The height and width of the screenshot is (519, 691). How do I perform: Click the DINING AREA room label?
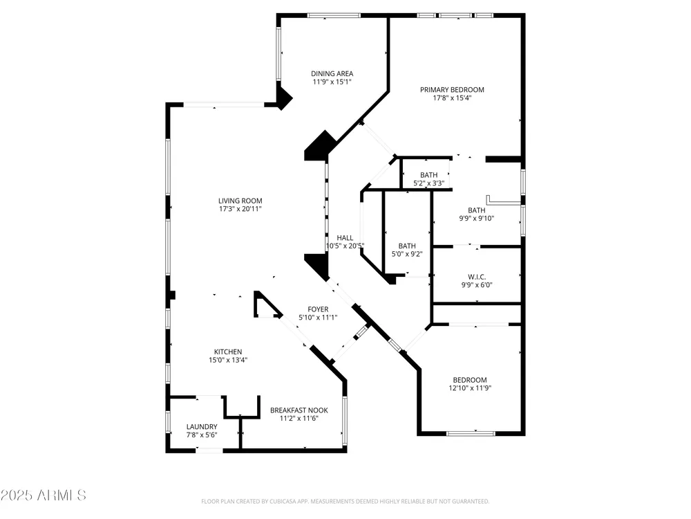(x=332, y=74)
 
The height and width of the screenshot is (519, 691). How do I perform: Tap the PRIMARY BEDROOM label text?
(x=452, y=89)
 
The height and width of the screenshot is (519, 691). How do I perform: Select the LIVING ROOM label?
(x=240, y=201)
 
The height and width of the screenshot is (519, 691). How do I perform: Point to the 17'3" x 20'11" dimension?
(x=240, y=209)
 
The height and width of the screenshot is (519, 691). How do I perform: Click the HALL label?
(x=345, y=238)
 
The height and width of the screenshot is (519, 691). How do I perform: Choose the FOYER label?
(x=318, y=309)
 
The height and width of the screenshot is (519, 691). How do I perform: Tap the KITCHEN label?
(x=228, y=352)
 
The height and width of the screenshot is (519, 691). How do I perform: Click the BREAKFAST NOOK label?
(x=299, y=410)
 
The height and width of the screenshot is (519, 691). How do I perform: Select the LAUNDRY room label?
(x=201, y=427)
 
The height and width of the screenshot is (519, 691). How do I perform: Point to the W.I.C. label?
(x=476, y=277)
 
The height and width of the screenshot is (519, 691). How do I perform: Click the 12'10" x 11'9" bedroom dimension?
(x=470, y=388)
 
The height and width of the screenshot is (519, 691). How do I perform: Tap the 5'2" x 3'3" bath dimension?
(x=428, y=183)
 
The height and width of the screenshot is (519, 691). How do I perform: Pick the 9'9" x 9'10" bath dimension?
(x=476, y=218)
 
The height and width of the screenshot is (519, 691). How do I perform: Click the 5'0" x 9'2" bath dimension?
(x=407, y=254)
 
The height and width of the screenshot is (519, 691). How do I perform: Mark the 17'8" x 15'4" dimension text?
(x=452, y=98)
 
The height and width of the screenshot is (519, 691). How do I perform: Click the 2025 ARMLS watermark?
(x=43, y=495)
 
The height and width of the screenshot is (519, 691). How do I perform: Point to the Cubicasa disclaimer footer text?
(x=345, y=501)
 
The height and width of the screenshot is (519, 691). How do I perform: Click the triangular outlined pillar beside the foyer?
(x=267, y=305)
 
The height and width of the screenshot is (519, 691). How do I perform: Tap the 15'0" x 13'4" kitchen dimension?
(x=228, y=360)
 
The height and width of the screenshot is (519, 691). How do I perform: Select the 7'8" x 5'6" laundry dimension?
(x=201, y=435)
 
